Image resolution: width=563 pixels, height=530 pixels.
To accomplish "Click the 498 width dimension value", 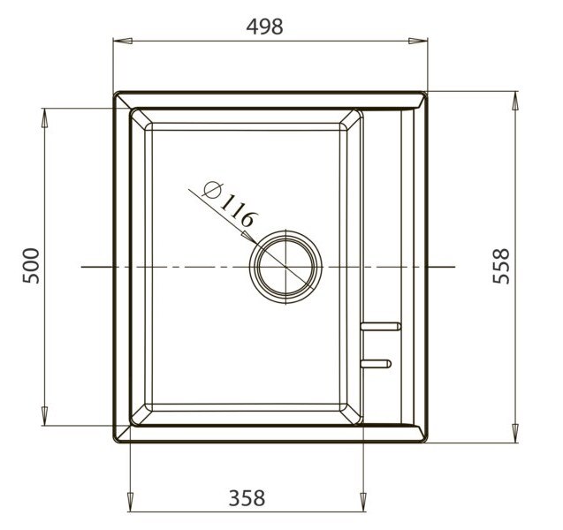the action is [x=264, y=26].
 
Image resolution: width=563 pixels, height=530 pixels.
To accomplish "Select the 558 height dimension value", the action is [x=501, y=266].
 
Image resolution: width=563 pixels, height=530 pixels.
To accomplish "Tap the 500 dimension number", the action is [x=31, y=266].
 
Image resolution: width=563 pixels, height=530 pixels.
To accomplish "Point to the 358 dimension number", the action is [x=247, y=498].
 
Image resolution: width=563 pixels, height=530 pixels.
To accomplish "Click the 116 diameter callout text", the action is [x=239, y=211].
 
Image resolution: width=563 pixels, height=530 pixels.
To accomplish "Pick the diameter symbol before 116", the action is [x=212, y=189].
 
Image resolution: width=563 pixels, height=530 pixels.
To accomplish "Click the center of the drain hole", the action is [x=285, y=267].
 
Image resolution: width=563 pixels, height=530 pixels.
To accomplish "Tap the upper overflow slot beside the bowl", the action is [x=381, y=326].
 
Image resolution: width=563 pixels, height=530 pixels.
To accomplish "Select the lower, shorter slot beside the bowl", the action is [x=376, y=364].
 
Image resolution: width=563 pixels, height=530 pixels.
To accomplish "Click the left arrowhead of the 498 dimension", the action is [x=123, y=41].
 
